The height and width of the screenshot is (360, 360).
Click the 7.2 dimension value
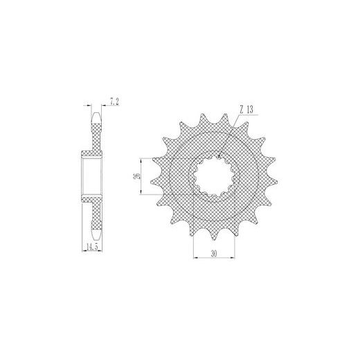pyautogui.click(x=114, y=101)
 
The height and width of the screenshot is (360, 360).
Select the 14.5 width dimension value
pyautogui.click(x=92, y=247)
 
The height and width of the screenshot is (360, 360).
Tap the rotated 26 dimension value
pyautogui.click(x=137, y=176)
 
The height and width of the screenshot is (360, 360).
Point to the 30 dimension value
pyautogui.click(x=214, y=253)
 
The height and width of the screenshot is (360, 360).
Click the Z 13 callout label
pyautogui.click(x=246, y=109)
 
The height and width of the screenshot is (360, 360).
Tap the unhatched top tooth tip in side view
pyautogui.click(x=96, y=117)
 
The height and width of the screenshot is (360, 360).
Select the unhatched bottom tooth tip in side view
pyautogui.click(x=96, y=235)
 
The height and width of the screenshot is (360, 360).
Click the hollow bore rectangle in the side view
pyautogui.click(x=92, y=176)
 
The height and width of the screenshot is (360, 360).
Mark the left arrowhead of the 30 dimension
pyautogui.click(x=195, y=258)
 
